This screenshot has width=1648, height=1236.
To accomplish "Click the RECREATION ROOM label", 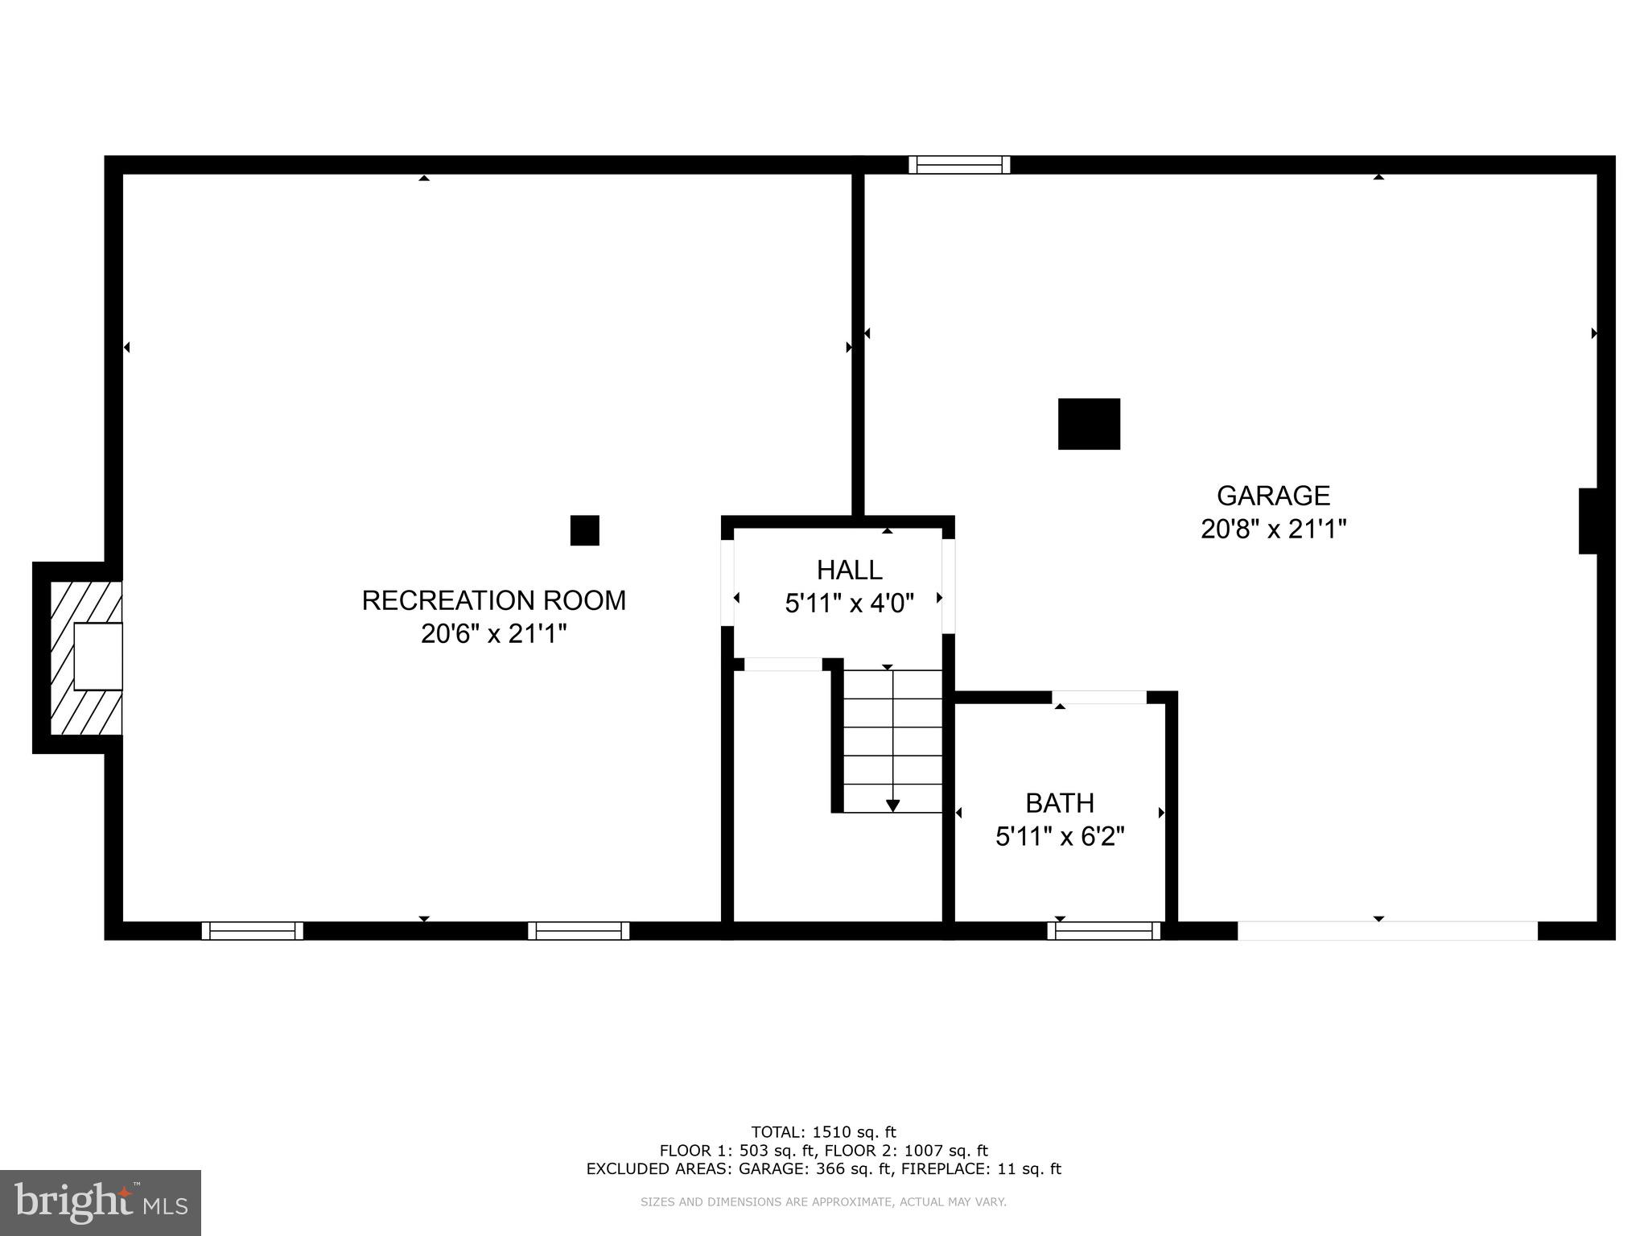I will (493, 600).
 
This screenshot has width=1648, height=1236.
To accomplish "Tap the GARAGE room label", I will (1273, 495).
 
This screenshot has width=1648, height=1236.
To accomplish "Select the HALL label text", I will (849, 570).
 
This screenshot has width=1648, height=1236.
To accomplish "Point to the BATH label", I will (1059, 803).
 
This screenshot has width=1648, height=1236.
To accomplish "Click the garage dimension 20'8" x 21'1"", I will (1273, 529).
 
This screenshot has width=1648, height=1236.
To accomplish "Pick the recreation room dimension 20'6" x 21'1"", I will (493, 634).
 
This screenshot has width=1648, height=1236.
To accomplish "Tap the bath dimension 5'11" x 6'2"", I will (1059, 837).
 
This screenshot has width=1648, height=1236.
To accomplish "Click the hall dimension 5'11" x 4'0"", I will (849, 604).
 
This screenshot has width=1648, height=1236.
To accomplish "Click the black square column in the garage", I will (1088, 424).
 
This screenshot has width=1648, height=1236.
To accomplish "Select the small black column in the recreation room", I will (584, 530).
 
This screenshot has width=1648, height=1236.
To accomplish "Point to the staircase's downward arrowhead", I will (892, 805).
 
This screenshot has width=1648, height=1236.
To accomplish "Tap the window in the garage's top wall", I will (958, 165).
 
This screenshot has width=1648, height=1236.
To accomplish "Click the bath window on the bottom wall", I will (1103, 931).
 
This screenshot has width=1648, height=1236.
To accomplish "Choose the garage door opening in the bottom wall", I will (1386, 931).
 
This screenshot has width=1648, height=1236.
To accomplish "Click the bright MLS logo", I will (101, 1202).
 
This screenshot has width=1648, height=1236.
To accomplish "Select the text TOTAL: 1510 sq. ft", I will (823, 1132).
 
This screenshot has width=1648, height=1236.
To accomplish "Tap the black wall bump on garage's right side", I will (1587, 521).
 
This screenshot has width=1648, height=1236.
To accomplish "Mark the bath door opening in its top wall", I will (1098, 697).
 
